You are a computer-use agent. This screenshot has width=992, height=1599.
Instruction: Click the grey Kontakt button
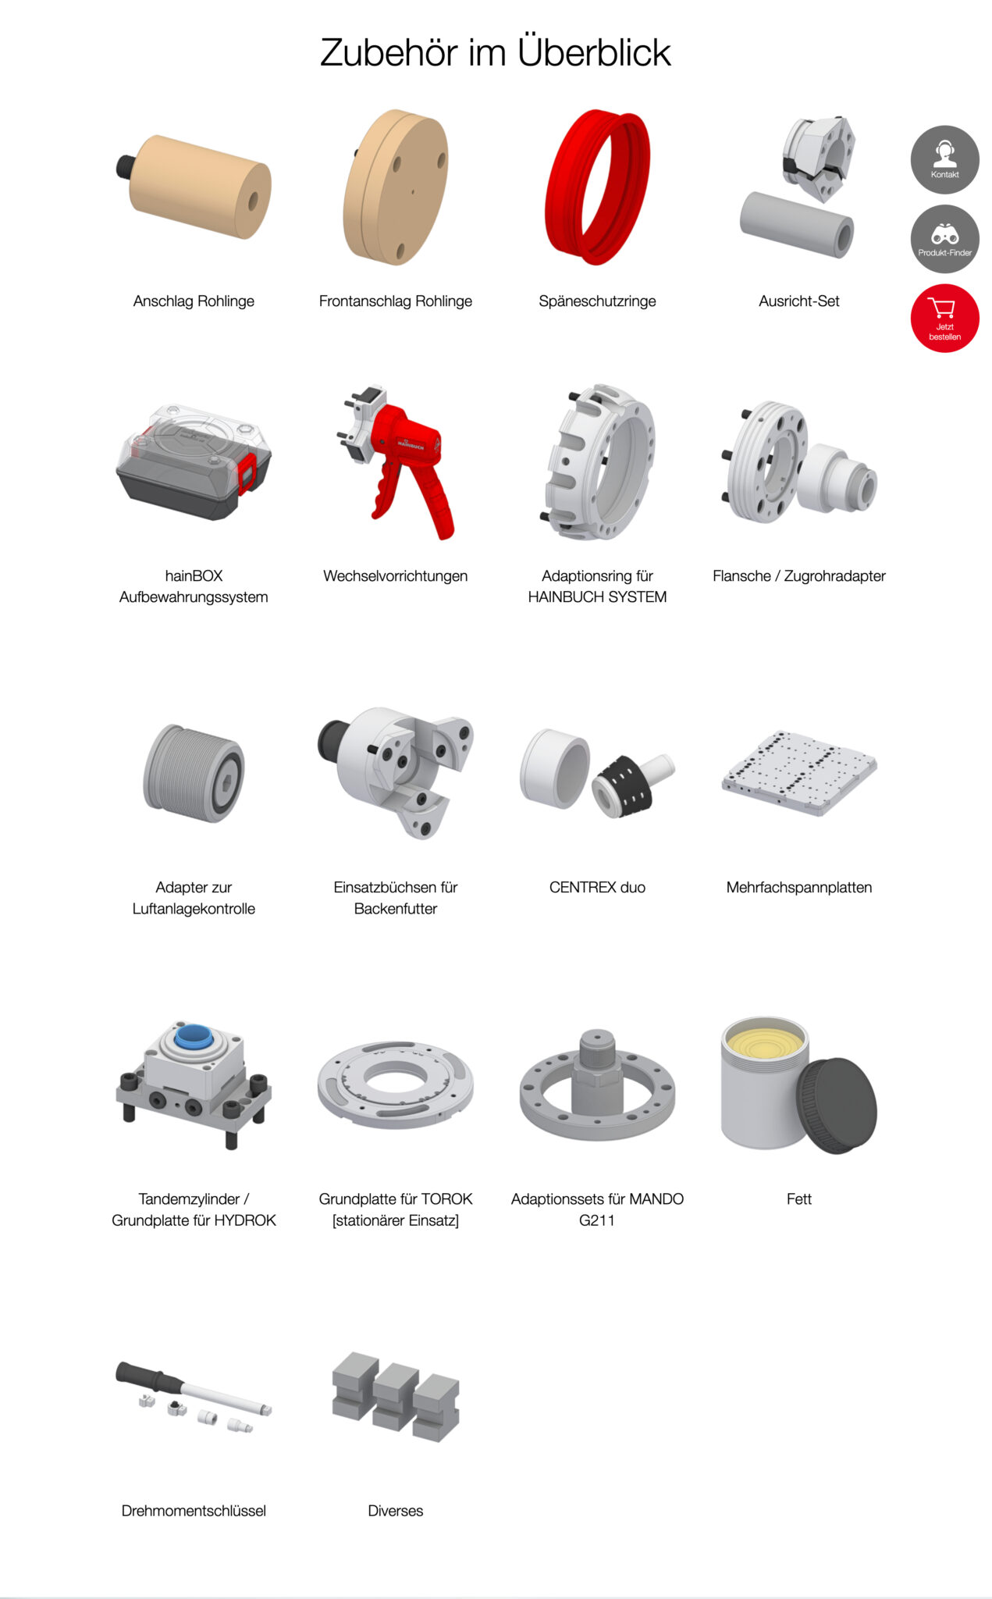[x=944, y=160]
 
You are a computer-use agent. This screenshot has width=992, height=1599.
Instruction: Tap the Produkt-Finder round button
[x=944, y=239]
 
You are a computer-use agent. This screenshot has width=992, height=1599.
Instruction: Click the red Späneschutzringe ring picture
[x=597, y=187]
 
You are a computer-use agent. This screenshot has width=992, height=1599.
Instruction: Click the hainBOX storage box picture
[x=194, y=461]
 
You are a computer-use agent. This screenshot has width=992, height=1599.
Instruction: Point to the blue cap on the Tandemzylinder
[x=194, y=1037]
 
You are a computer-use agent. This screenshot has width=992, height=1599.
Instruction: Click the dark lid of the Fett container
[x=837, y=1106]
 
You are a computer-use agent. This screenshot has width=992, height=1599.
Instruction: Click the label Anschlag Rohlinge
[x=194, y=301]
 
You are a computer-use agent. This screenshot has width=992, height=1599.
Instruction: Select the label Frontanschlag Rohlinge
[x=396, y=301]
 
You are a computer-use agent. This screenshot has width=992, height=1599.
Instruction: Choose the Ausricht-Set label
[x=799, y=301]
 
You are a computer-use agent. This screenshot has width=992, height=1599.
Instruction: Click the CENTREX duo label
[x=597, y=888]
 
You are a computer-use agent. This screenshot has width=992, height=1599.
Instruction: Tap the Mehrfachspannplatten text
[x=799, y=888]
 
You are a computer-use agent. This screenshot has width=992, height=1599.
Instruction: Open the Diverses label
[x=396, y=1511]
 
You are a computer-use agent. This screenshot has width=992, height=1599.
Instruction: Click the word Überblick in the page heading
[x=594, y=52]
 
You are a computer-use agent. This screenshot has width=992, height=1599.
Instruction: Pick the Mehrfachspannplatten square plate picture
[x=799, y=773]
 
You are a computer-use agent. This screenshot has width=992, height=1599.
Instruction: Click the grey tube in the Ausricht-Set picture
[x=797, y=225]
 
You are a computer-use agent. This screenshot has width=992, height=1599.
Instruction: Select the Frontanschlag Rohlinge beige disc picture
[x=396, y=187]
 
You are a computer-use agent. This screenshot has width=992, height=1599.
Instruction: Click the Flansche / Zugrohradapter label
[x=799, y=576]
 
